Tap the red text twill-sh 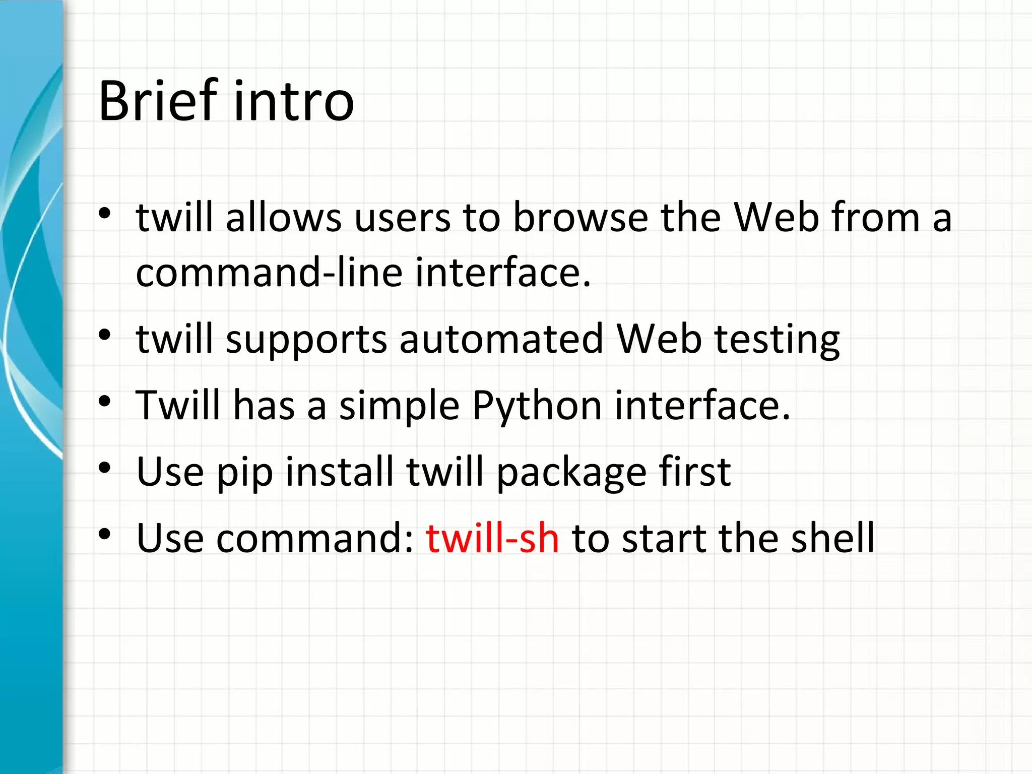492,538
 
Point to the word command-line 269,272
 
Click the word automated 501,339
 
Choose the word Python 537,406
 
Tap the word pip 245,473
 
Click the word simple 399,406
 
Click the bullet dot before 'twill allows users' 105,214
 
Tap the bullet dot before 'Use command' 105,534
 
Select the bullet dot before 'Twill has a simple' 105,402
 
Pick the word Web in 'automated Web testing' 659,339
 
